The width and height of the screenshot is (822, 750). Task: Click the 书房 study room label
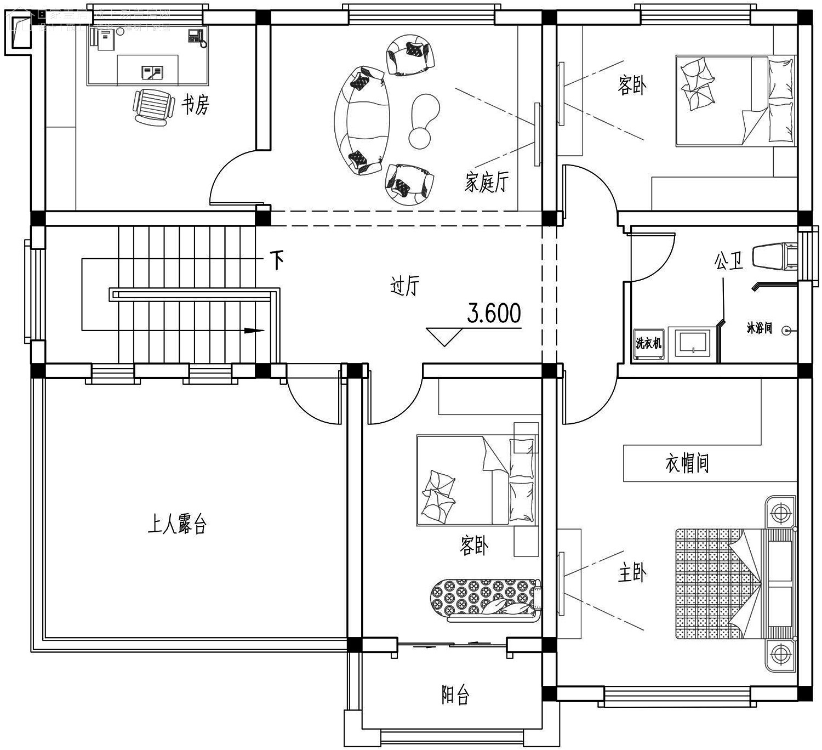point(196,104)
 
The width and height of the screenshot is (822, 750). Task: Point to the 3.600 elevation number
point(494,314)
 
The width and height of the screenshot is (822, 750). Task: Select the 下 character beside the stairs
point(277,260)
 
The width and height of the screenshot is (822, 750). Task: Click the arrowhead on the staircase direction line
point(253,331)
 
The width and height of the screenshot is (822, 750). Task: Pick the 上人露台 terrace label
point(176,525)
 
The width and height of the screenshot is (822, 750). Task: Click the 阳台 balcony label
point(455,696)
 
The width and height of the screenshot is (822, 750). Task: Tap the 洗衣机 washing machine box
point(649,344)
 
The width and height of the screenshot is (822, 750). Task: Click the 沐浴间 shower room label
point(760,328)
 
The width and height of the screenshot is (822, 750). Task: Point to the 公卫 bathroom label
point(728,262)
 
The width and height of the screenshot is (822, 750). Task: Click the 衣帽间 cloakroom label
point(687,463)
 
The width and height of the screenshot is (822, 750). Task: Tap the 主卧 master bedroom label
point(632,573)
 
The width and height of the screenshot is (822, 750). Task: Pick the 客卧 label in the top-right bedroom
point(632,86)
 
